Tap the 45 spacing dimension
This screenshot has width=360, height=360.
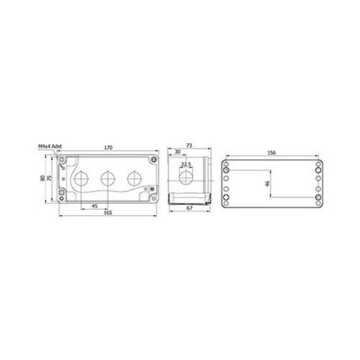point(94,206)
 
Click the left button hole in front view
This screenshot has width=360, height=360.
point(82,179)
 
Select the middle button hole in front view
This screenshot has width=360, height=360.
point(108,179)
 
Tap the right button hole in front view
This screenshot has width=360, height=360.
point(134,179)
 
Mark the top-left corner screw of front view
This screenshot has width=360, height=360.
point(68,159)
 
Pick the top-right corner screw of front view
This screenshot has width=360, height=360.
point(153,159)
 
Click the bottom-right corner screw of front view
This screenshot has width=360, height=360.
point(153,199)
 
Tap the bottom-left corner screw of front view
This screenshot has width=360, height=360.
point(68,199)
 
